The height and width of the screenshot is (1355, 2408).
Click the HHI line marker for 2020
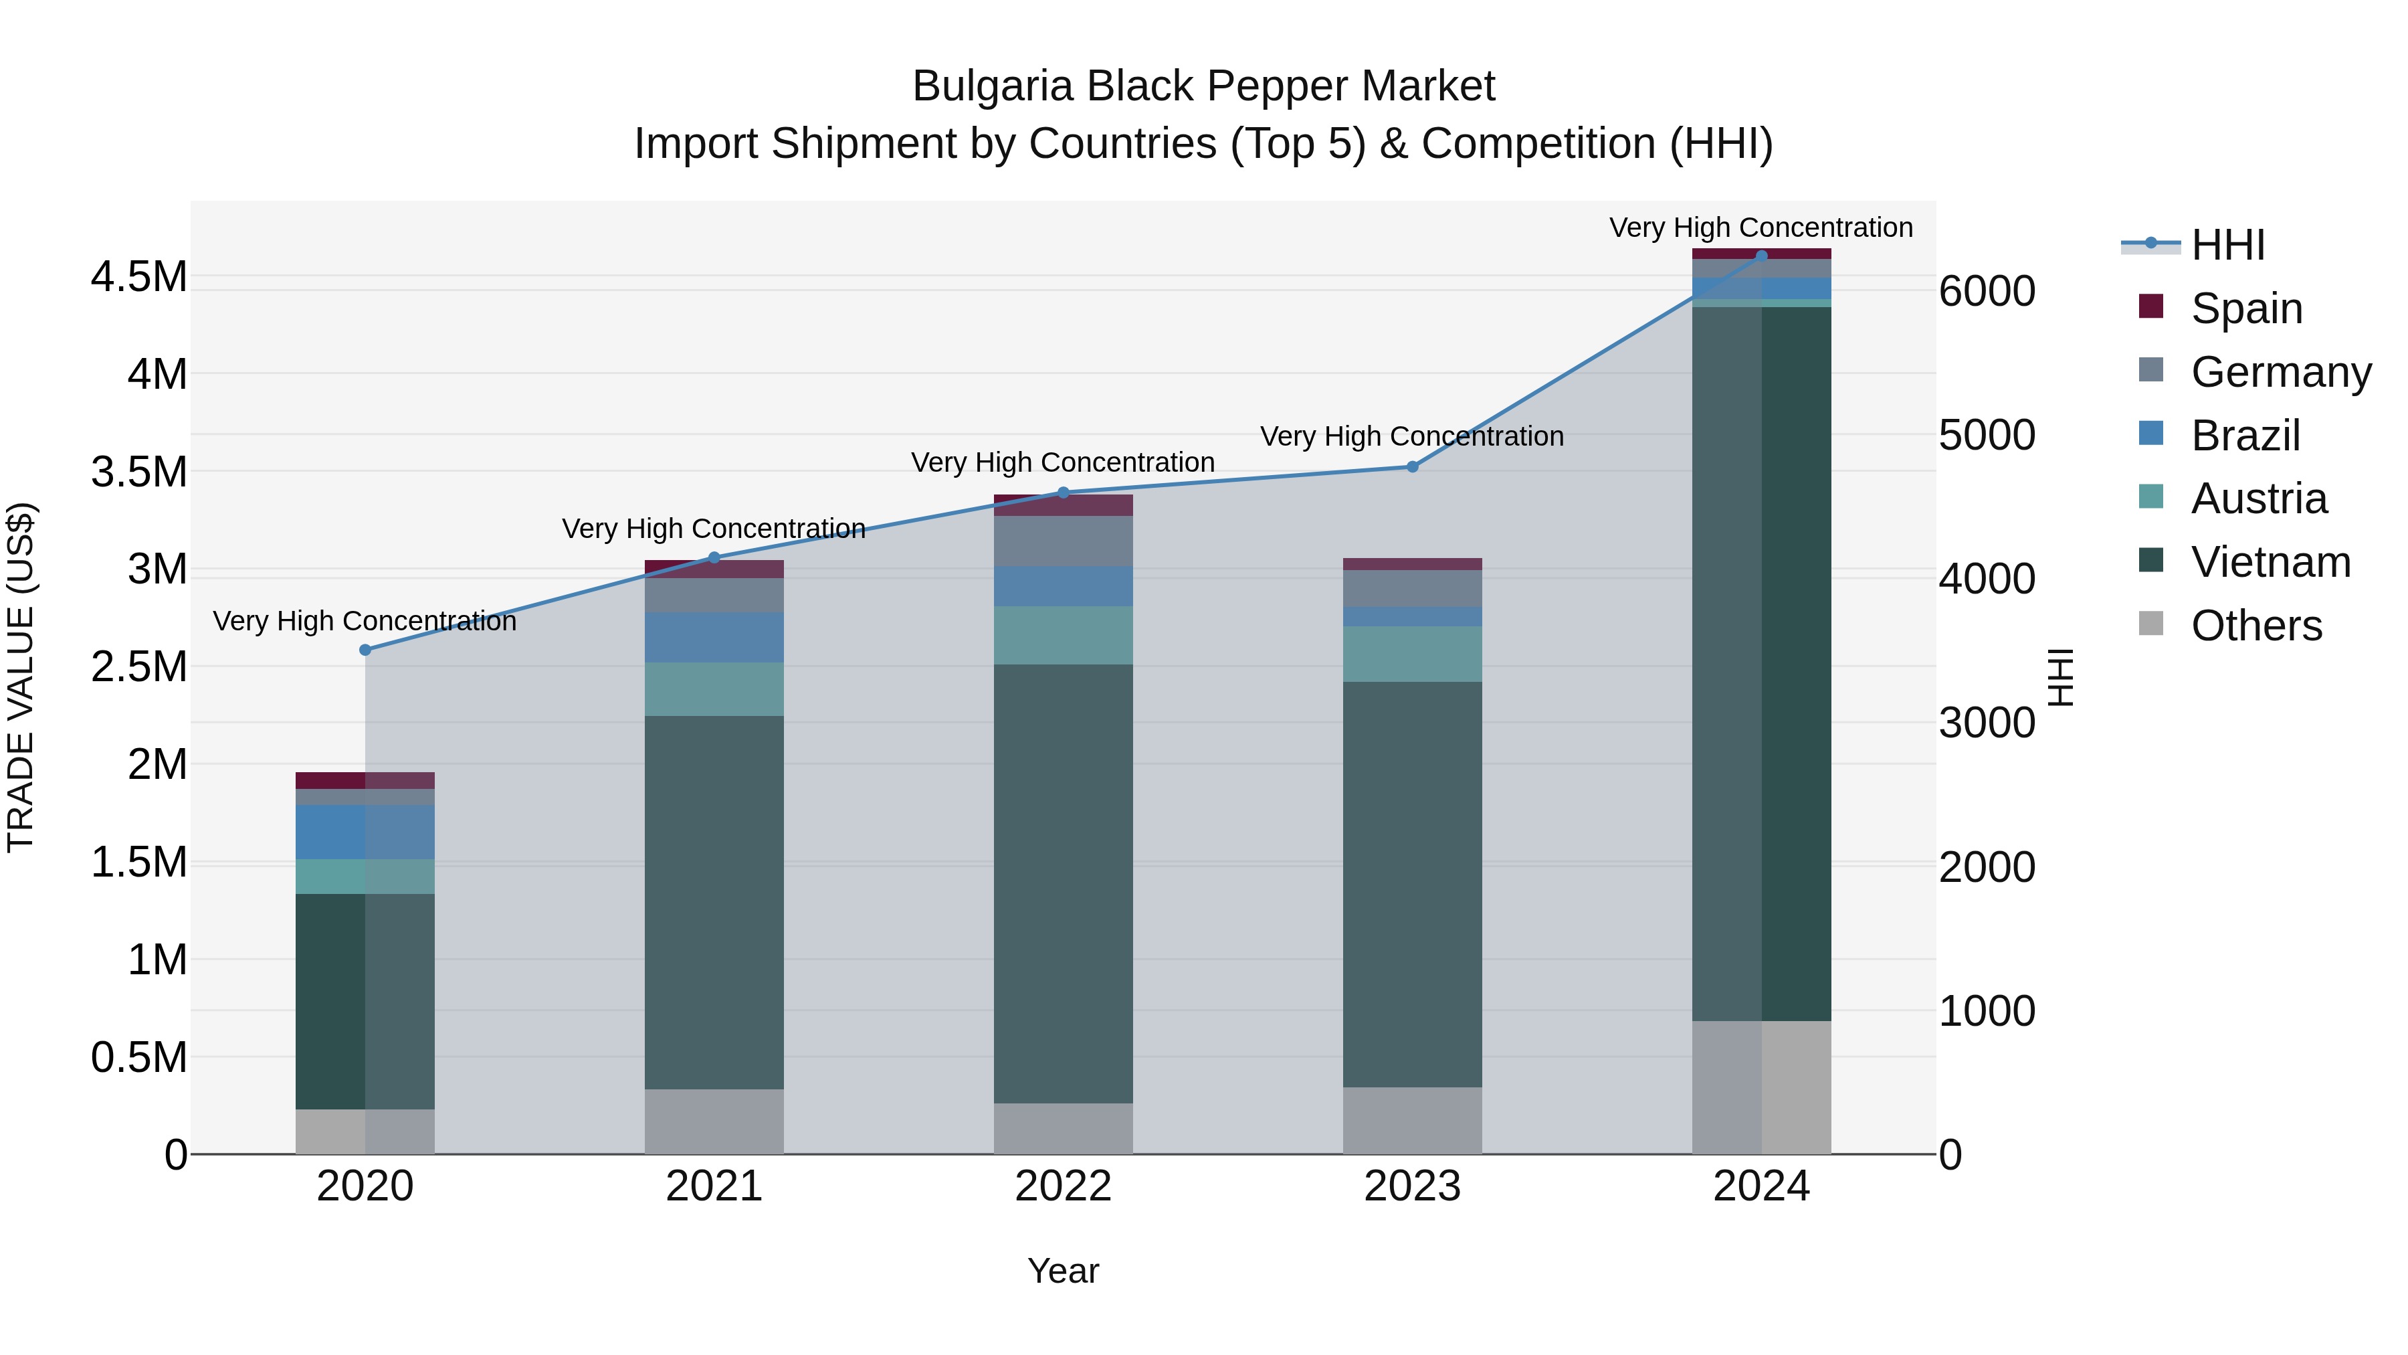point(365,650)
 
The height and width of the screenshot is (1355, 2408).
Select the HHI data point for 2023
point(1413,466)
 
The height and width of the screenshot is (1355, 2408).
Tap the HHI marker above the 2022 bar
point(1063,492)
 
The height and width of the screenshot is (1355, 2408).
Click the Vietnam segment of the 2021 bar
point(714,903)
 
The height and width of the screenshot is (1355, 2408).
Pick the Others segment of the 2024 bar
point(1761,1087)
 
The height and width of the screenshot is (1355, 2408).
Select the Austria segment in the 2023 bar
point(1413,654)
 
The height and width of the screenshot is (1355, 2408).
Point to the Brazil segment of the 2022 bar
point(1063,586)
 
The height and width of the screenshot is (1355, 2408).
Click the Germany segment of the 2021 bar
point(714,596)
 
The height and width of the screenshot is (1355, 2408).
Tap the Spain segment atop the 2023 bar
point(1413,564)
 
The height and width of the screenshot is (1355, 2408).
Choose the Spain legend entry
point(2245,308)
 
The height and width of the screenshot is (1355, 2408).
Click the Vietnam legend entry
point(2270,562)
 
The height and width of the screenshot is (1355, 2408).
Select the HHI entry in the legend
point(2227,245)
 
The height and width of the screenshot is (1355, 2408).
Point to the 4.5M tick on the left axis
point(138,278)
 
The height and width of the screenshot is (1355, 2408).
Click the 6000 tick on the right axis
point(1987,291)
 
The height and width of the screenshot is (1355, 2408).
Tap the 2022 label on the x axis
point(1063,1186)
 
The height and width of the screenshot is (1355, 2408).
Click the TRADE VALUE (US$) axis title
point(21,677)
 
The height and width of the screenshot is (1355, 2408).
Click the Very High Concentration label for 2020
point(365,621)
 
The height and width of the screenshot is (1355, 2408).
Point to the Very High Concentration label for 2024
point(1761,228)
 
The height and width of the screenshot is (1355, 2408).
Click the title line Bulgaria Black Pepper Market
point(1203,86)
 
